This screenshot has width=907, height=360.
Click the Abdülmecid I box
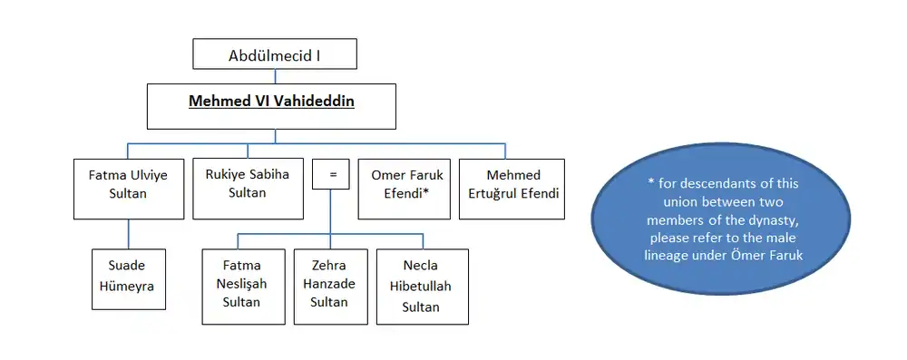click(x=275, y=54)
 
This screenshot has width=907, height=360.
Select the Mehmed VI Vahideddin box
click(x=271, y=106)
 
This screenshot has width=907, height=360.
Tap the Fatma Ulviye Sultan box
click(x=129, y=190)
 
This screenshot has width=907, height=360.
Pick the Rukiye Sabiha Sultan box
click(x=248, y=190)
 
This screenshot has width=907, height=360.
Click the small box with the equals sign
click(x=331, y=173)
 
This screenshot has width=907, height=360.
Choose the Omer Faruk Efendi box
click(x=404, y=190)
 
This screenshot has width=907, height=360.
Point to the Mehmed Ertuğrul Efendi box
click(x=512, y=190)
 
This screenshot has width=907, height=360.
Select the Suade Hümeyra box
click(x=129, y=279)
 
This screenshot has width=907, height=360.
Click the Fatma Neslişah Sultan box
click(x=243, y=287)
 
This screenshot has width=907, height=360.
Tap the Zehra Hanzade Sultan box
click(x=331, y=287)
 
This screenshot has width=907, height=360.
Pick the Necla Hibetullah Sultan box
click(x=423, y=287)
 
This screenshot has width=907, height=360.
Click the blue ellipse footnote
click(x=720, y=219)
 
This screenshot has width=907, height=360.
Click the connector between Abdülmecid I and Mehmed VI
click(x=276, y=76)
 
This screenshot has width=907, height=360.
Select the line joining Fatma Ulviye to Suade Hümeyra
click(x=129, y=234)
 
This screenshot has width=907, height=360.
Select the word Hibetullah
click(x=421, y=287)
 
